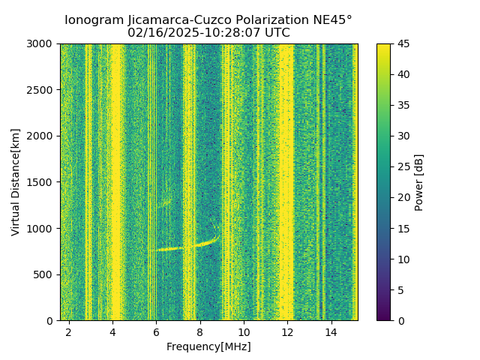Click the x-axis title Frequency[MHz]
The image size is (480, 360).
click(208, 346)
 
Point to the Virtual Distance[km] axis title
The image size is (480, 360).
click(16, 182)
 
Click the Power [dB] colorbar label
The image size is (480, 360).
click(419, 182)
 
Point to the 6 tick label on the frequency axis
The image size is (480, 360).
click(156, 331)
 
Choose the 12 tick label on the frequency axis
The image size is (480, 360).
click(287, 331)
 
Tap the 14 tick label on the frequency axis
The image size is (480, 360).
click(331, 331)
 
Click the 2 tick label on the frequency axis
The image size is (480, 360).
click(68, 331)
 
